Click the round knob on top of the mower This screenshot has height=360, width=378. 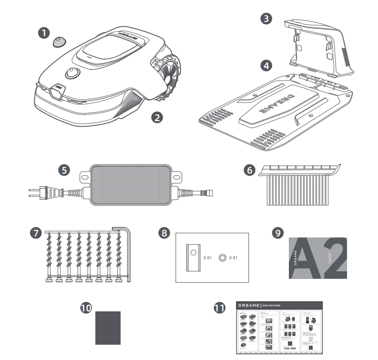click(72, 74)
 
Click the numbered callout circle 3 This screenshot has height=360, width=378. click(267, 19)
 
